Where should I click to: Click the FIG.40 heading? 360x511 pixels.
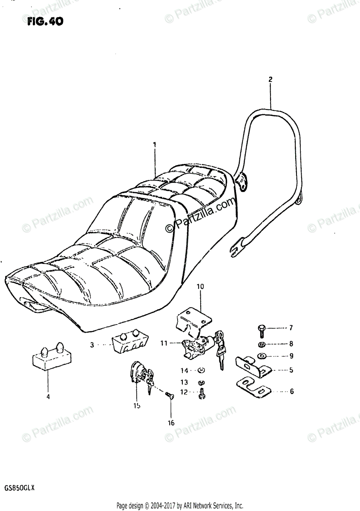point(44,21)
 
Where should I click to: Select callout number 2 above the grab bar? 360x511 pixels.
point(270,79)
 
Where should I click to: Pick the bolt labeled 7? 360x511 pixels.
point(262,328)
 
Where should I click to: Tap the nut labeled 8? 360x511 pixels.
point(262,344)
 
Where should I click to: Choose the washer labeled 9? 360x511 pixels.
point(261,356)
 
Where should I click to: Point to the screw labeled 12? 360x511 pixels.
point(202,394)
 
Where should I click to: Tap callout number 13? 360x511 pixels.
point(184,382)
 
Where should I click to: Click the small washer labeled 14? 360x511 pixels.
point(202,370)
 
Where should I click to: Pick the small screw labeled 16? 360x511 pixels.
point(169,396)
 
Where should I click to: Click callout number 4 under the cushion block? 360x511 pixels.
point(48,397)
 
